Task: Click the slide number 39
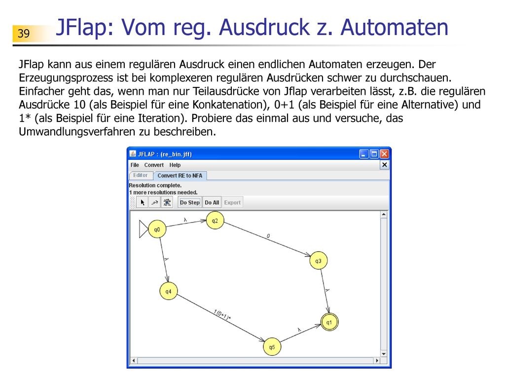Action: pos(24,33)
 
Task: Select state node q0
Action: pos(157,229)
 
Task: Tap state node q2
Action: pos(215,221)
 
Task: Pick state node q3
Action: pos(318,261)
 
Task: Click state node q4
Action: pos(169,291)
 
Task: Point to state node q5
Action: pos(272,347)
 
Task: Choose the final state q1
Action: pos(329,322)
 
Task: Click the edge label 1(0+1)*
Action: pos(222,315)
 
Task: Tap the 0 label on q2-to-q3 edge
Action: pos(268,236)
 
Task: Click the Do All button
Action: pos(212,202)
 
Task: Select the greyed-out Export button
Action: pos(232,202)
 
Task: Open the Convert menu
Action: pos(154,165)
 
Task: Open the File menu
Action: pos(135,165)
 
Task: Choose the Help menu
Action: pos(175,165)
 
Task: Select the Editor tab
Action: pos(141,175)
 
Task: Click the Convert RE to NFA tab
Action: pos(180,175)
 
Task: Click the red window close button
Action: pos(384,154)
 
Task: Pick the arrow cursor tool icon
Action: pos(143,202)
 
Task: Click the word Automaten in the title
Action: pos(394,27)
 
